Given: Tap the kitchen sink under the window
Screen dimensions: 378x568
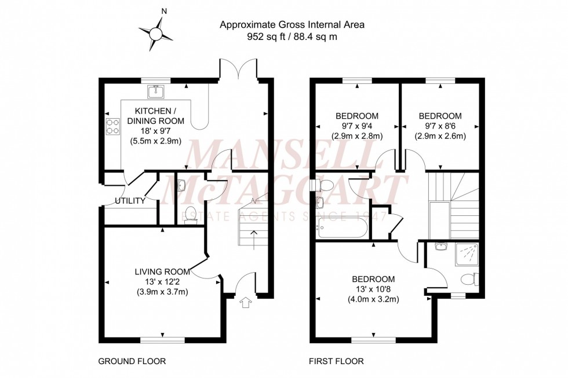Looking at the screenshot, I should tap(155, 91).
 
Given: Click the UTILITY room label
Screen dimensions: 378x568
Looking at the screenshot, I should tap(129, 201).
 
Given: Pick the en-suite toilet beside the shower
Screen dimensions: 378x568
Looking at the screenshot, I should tap(469, 280).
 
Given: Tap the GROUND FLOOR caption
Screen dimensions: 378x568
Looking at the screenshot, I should tap(132, 362).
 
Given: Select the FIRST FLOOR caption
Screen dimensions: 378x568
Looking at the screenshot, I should tap(336, 362).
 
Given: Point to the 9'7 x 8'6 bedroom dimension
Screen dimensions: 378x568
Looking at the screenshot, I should tap(440, 126).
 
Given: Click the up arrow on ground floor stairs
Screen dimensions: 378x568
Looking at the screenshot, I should tap(253, 236).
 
